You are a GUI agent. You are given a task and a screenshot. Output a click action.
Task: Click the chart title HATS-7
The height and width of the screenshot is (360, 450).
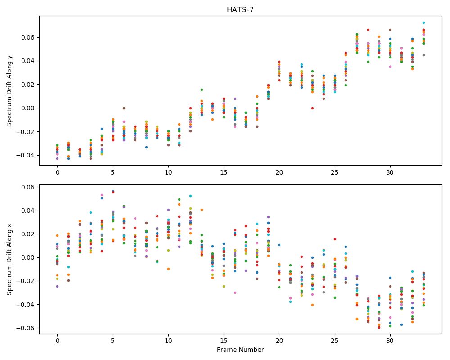[x=240, y=10]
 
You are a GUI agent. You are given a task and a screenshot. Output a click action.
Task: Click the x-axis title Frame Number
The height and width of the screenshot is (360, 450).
[x=240, y=350]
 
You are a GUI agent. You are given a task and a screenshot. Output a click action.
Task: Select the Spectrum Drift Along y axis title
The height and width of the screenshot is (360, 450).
[x=9, y=90]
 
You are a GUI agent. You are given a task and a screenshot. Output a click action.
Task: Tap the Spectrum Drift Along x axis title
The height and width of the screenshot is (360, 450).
[x=9, y=259]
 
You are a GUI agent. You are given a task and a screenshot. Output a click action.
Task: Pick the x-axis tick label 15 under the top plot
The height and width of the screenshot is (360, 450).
[x=224, y=172]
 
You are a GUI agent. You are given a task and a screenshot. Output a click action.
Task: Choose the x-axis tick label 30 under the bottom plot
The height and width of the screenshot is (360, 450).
[x=390, y=341]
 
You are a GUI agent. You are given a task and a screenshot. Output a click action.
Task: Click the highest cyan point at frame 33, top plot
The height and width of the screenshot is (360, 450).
[x=423, y=22]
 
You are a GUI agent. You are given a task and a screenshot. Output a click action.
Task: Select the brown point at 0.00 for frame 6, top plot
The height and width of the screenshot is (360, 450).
[x=124, y=108]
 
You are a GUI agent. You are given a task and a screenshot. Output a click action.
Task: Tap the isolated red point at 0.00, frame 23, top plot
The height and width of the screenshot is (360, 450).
[x=313, y=108]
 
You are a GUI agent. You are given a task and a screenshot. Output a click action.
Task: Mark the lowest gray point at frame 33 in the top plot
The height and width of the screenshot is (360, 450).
[x=423, y=55]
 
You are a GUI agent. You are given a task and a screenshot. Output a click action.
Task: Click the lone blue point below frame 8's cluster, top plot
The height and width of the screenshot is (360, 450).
[x=146, y=147]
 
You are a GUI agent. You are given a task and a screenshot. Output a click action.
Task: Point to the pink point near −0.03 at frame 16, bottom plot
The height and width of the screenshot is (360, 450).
[x=235, y=293]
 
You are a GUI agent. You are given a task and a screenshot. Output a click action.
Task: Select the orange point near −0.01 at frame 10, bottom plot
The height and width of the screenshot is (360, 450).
[x=168, y=269]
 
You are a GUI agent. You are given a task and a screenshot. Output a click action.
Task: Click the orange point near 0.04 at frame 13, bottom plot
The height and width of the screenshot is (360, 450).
[x=202, y=210]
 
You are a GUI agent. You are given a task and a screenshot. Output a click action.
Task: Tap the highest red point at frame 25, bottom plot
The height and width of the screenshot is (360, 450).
[x=335, y=239]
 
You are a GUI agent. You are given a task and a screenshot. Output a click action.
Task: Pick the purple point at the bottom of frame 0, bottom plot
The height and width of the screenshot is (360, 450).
[x=58, y=287]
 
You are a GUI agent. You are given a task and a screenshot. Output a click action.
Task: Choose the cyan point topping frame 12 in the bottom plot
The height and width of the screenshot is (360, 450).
[x=190, y=196]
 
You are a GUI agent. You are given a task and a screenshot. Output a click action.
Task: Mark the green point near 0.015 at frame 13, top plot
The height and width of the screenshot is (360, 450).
[x=202, y=90]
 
